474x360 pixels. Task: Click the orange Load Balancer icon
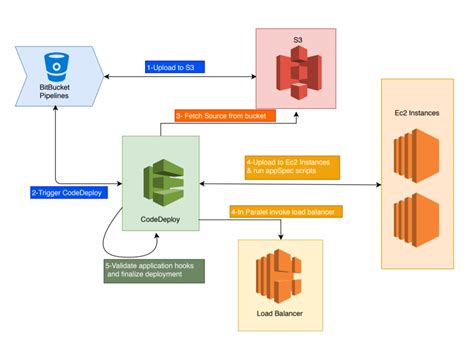(x=278, y=281)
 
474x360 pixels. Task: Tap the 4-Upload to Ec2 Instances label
(x=291, y=166)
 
